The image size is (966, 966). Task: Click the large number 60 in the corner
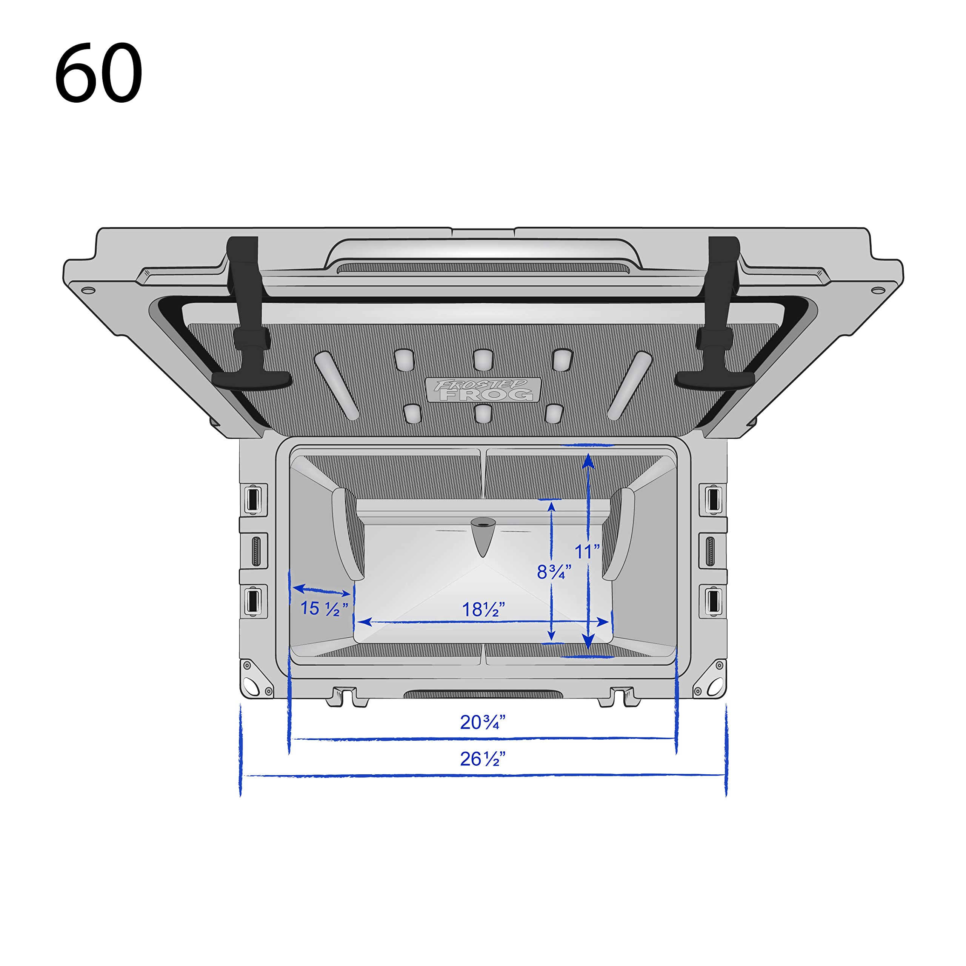98,72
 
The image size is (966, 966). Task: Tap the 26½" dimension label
483,759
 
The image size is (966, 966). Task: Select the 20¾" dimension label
483,722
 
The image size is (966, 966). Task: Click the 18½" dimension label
483,609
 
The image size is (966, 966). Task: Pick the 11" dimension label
586,552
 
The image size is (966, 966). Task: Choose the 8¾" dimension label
554,572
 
